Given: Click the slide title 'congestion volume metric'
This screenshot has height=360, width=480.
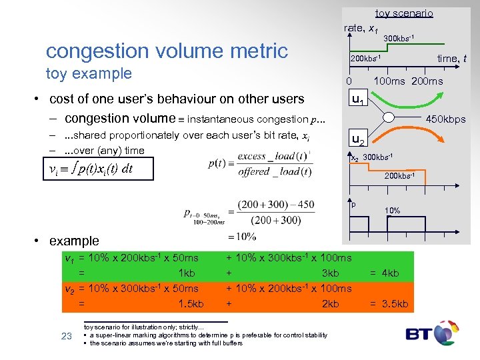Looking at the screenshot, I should point(167,51).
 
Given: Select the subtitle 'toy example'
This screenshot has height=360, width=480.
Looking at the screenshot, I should point(89,73).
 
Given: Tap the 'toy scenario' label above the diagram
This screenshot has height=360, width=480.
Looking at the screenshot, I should point(403,13).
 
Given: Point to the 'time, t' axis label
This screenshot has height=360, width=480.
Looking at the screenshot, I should point(451,59).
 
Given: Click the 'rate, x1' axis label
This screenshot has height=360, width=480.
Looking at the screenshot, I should point(361,28).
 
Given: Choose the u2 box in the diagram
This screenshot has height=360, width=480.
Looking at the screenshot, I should point(358,141).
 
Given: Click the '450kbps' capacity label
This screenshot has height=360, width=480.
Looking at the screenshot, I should point(445,119).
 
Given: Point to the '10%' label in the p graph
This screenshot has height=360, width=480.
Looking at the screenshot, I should point(392,211).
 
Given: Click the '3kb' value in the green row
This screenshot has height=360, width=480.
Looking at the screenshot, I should point(330,273).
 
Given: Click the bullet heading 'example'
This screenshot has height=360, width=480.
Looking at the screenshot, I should point(73,241).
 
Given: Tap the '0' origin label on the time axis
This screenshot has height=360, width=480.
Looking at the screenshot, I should point(349,81).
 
